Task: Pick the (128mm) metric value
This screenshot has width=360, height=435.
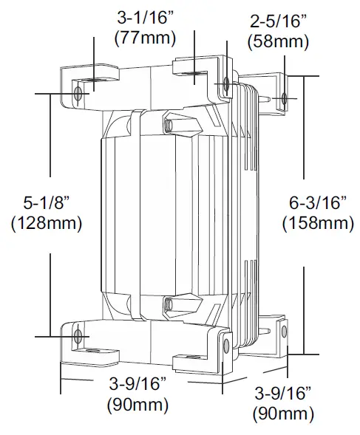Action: tap(47, 222)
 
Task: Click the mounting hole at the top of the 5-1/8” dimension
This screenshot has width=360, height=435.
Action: tap(78, 93)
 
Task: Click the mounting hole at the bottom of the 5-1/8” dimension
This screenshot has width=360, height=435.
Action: tap(78, 337)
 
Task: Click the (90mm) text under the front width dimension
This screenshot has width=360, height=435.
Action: tap(137, 405)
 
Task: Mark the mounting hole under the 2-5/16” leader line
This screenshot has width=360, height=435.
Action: tap(225, 83)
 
